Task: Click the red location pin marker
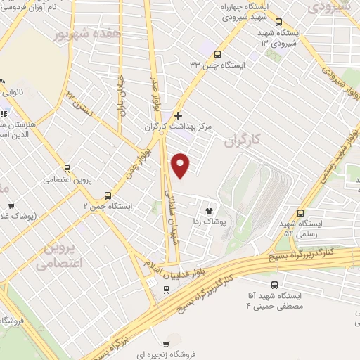tap(181, 165)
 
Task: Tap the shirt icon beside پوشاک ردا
tap(208, 210)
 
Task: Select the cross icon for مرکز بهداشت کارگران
tap(179, 115)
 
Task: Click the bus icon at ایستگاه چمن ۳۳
tap(217, 54)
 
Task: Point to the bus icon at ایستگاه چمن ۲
tap(108, 195)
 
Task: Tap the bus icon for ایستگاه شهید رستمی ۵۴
tap(301, 214)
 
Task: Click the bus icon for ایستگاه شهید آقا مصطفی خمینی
tap(275, 285)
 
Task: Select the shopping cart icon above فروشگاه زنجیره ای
tap(166, 345)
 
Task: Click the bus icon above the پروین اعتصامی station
tap(67, 168)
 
